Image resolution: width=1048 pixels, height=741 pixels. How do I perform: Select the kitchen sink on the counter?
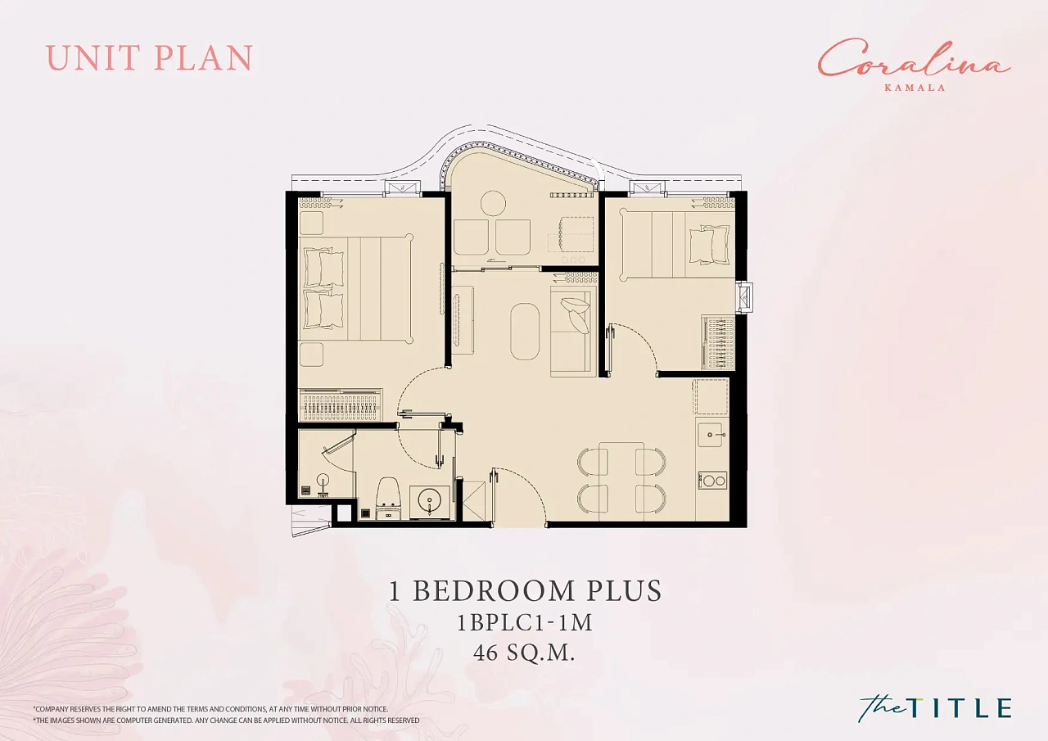[x=711, y=435]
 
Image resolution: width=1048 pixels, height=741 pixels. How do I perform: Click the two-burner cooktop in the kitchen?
[x=713, y=481]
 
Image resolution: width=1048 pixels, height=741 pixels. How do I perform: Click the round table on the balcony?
[x=493, y=204]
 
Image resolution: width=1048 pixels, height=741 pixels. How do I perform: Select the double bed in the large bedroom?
[x=356, y=288]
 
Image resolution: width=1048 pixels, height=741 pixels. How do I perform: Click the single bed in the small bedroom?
[x=677, y=244]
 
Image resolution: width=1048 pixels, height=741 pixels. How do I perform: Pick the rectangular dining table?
[x=621, y=480]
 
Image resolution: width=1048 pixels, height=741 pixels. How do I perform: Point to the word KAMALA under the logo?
[x=915, y=87]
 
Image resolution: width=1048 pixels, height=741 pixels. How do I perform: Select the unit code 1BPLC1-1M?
[x=525, y=622]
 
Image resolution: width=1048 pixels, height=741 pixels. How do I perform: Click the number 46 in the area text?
[x=486, y=653]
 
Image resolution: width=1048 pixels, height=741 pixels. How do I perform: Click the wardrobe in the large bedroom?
[x=340, y=404]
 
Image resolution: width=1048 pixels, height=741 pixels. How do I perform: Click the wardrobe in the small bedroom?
[x=718, y=342]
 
